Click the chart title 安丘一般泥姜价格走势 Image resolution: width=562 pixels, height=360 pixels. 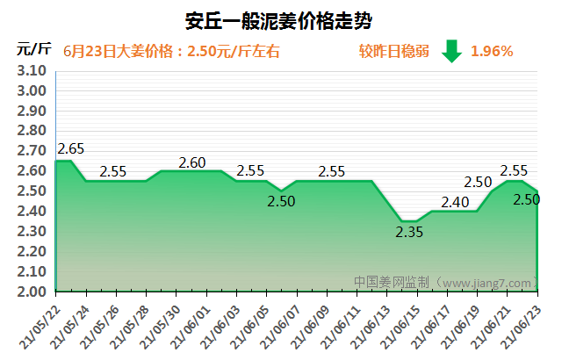coord(280,20)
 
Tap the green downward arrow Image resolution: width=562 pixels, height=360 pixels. coord(451,51)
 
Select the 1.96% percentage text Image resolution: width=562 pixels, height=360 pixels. coord(492,51)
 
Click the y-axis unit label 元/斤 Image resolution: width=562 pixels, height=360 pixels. coord(31,49)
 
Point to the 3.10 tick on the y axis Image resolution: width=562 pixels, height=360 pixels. coord(31,71)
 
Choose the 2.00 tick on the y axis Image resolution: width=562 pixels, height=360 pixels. coord(31,292)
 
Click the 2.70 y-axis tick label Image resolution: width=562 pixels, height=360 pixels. coord(31,151)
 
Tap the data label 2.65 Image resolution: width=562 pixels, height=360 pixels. coord(70,148)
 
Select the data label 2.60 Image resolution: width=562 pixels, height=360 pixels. coord(192,162)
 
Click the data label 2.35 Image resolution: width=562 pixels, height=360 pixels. coord(409,233)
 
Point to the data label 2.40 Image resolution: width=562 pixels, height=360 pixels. coord(455,202)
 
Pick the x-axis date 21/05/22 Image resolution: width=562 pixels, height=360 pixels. coord(40,326)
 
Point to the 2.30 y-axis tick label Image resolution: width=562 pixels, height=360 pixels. coord(31,232)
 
